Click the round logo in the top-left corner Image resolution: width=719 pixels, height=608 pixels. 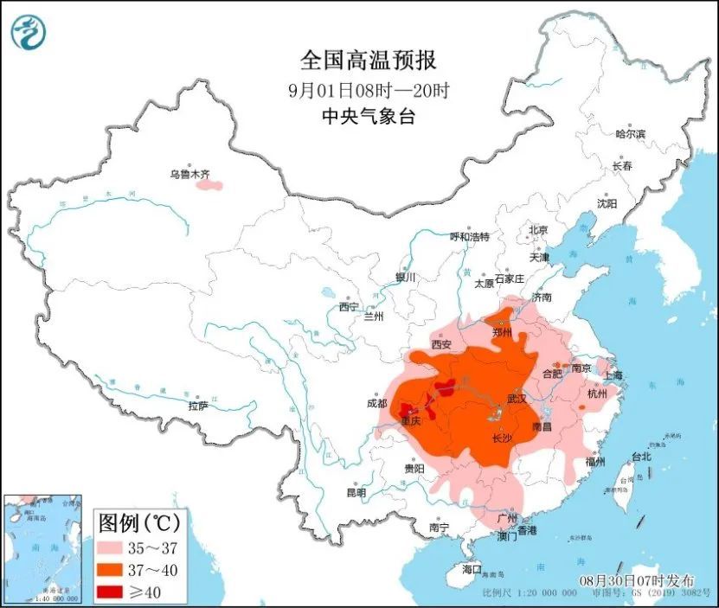[x=28, y=32]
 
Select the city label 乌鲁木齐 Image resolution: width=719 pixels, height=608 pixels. [x=189, y=175]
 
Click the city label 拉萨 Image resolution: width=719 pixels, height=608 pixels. [x=198, y=406]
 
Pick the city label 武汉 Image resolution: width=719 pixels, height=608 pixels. [x=517, y=399]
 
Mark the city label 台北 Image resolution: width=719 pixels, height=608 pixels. [x=640, y=456]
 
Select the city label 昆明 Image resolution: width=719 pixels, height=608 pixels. [x=356, y=492]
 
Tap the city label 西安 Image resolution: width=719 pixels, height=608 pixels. [x=441, y=344]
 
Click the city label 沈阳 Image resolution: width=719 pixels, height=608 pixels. [x=607, y=204]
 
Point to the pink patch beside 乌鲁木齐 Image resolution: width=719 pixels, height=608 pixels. [x=207, y=184]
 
